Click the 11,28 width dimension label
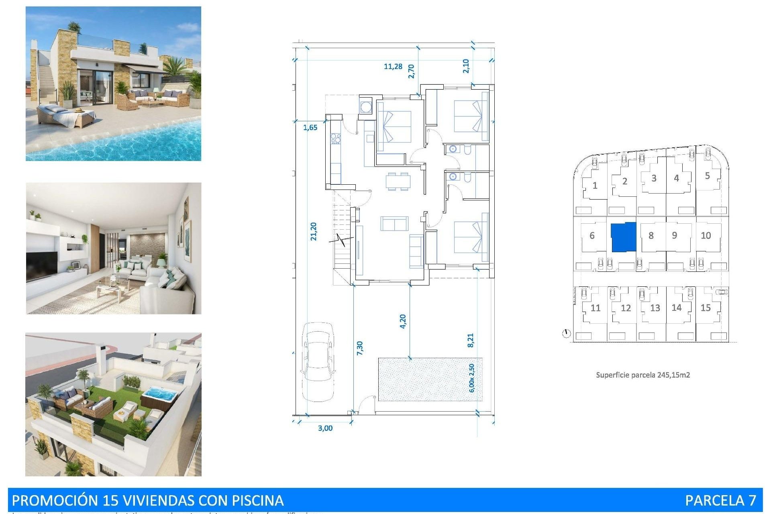click(393, 66)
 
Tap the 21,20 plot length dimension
click(314, 231)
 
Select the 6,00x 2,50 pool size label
click(471, 378)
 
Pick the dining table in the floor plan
click(398, 181)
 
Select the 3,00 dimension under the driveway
click(325, 428)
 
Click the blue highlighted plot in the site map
click(624, 237)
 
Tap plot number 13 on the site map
click(655, 308)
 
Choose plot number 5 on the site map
click(707, 175)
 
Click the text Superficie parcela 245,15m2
click(643, 375)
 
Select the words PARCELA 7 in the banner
click(720, 500)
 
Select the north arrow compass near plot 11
click(566, 333)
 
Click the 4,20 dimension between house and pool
click(403, 321)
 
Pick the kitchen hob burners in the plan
click(335, 139)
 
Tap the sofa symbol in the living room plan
click(394, 224)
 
